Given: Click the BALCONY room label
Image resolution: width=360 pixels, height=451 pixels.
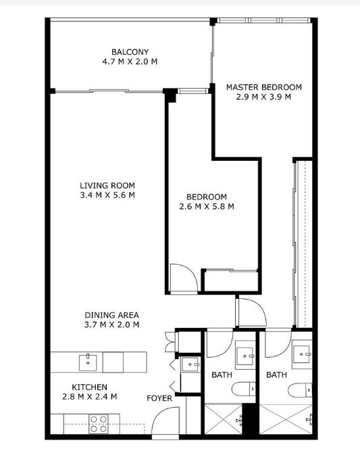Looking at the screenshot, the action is pyautogui.click(x=130, y=52).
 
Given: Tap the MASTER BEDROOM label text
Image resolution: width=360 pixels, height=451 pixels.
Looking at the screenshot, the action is pyautogui.click(x=263, y=87).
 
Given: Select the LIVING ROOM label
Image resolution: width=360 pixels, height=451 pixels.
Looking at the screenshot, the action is pyautogui.click(x=107, y=185).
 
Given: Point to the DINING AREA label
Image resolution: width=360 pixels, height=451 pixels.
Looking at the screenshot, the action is pyautogui.click(x=111, y=315).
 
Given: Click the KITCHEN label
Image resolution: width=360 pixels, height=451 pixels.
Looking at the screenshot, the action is pyautogui.click(x=89, y=387).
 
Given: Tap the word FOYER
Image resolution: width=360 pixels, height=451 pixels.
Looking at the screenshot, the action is pyautogui.click(x=159, y=398).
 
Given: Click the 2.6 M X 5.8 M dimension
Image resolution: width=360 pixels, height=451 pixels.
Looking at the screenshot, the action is pyautogui.click(x=207, y=206).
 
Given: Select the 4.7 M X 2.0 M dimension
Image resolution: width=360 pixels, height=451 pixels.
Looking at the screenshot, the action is pyautogui.click(x=130, y=62).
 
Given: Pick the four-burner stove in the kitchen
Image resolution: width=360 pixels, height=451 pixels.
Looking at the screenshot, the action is pyautogui.click(x=98, y=424).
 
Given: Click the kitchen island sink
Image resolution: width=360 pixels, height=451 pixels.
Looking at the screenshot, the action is pyautogui.click(x=88, y=362).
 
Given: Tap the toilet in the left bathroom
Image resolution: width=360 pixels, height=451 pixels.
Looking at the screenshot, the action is pyautogui.click(x=243, y=389).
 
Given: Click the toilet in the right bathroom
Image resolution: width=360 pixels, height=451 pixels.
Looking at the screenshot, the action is pyautogui.click(x=300, y=390).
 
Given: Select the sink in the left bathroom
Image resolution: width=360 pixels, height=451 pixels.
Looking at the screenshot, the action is pyautogui.click(x=245, y=356).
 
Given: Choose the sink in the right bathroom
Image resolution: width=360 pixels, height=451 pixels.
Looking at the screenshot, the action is pyautogui.click(x=302, y=354).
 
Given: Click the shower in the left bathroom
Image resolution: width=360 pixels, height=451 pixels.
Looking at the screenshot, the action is pyautogui.click(x=224, y=419).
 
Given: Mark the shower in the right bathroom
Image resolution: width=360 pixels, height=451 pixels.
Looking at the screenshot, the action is pyautogui.click(x=286, y=419).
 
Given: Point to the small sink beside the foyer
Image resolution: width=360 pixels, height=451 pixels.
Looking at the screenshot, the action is pyautogui.click(x=190, y=364).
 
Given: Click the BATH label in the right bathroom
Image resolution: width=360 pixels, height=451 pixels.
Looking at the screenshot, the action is pyautogui.click(x=276, y=375).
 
